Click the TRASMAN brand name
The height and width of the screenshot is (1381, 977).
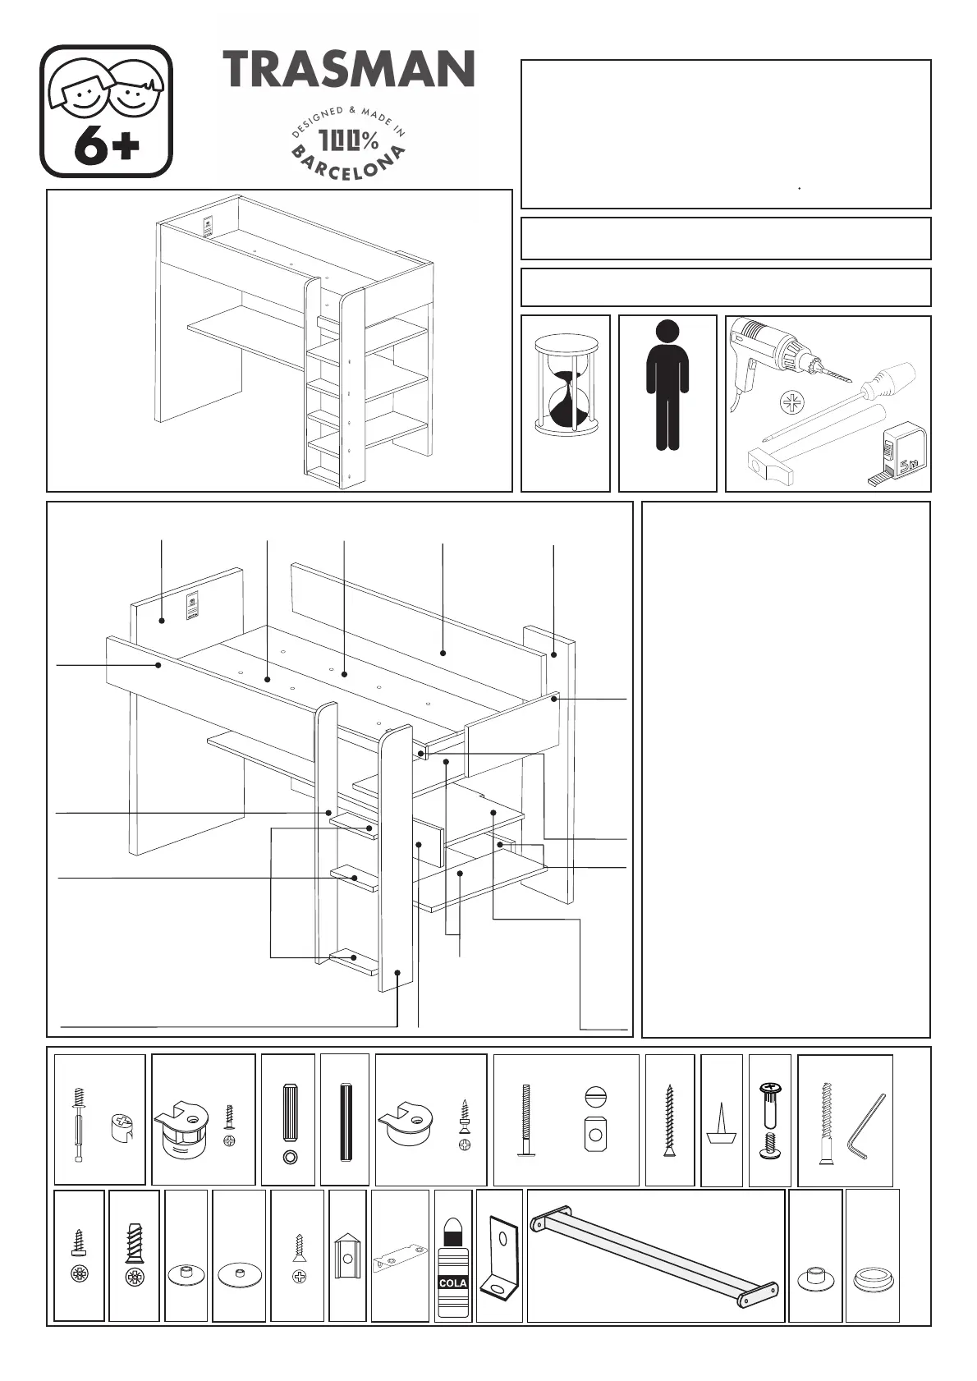(348, 68)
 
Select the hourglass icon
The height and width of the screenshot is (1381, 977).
(566, 387)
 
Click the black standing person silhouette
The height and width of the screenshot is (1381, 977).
(667, 385)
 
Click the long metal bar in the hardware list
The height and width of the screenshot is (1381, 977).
(655, 1255)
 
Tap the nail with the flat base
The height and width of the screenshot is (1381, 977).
(721, 1123)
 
